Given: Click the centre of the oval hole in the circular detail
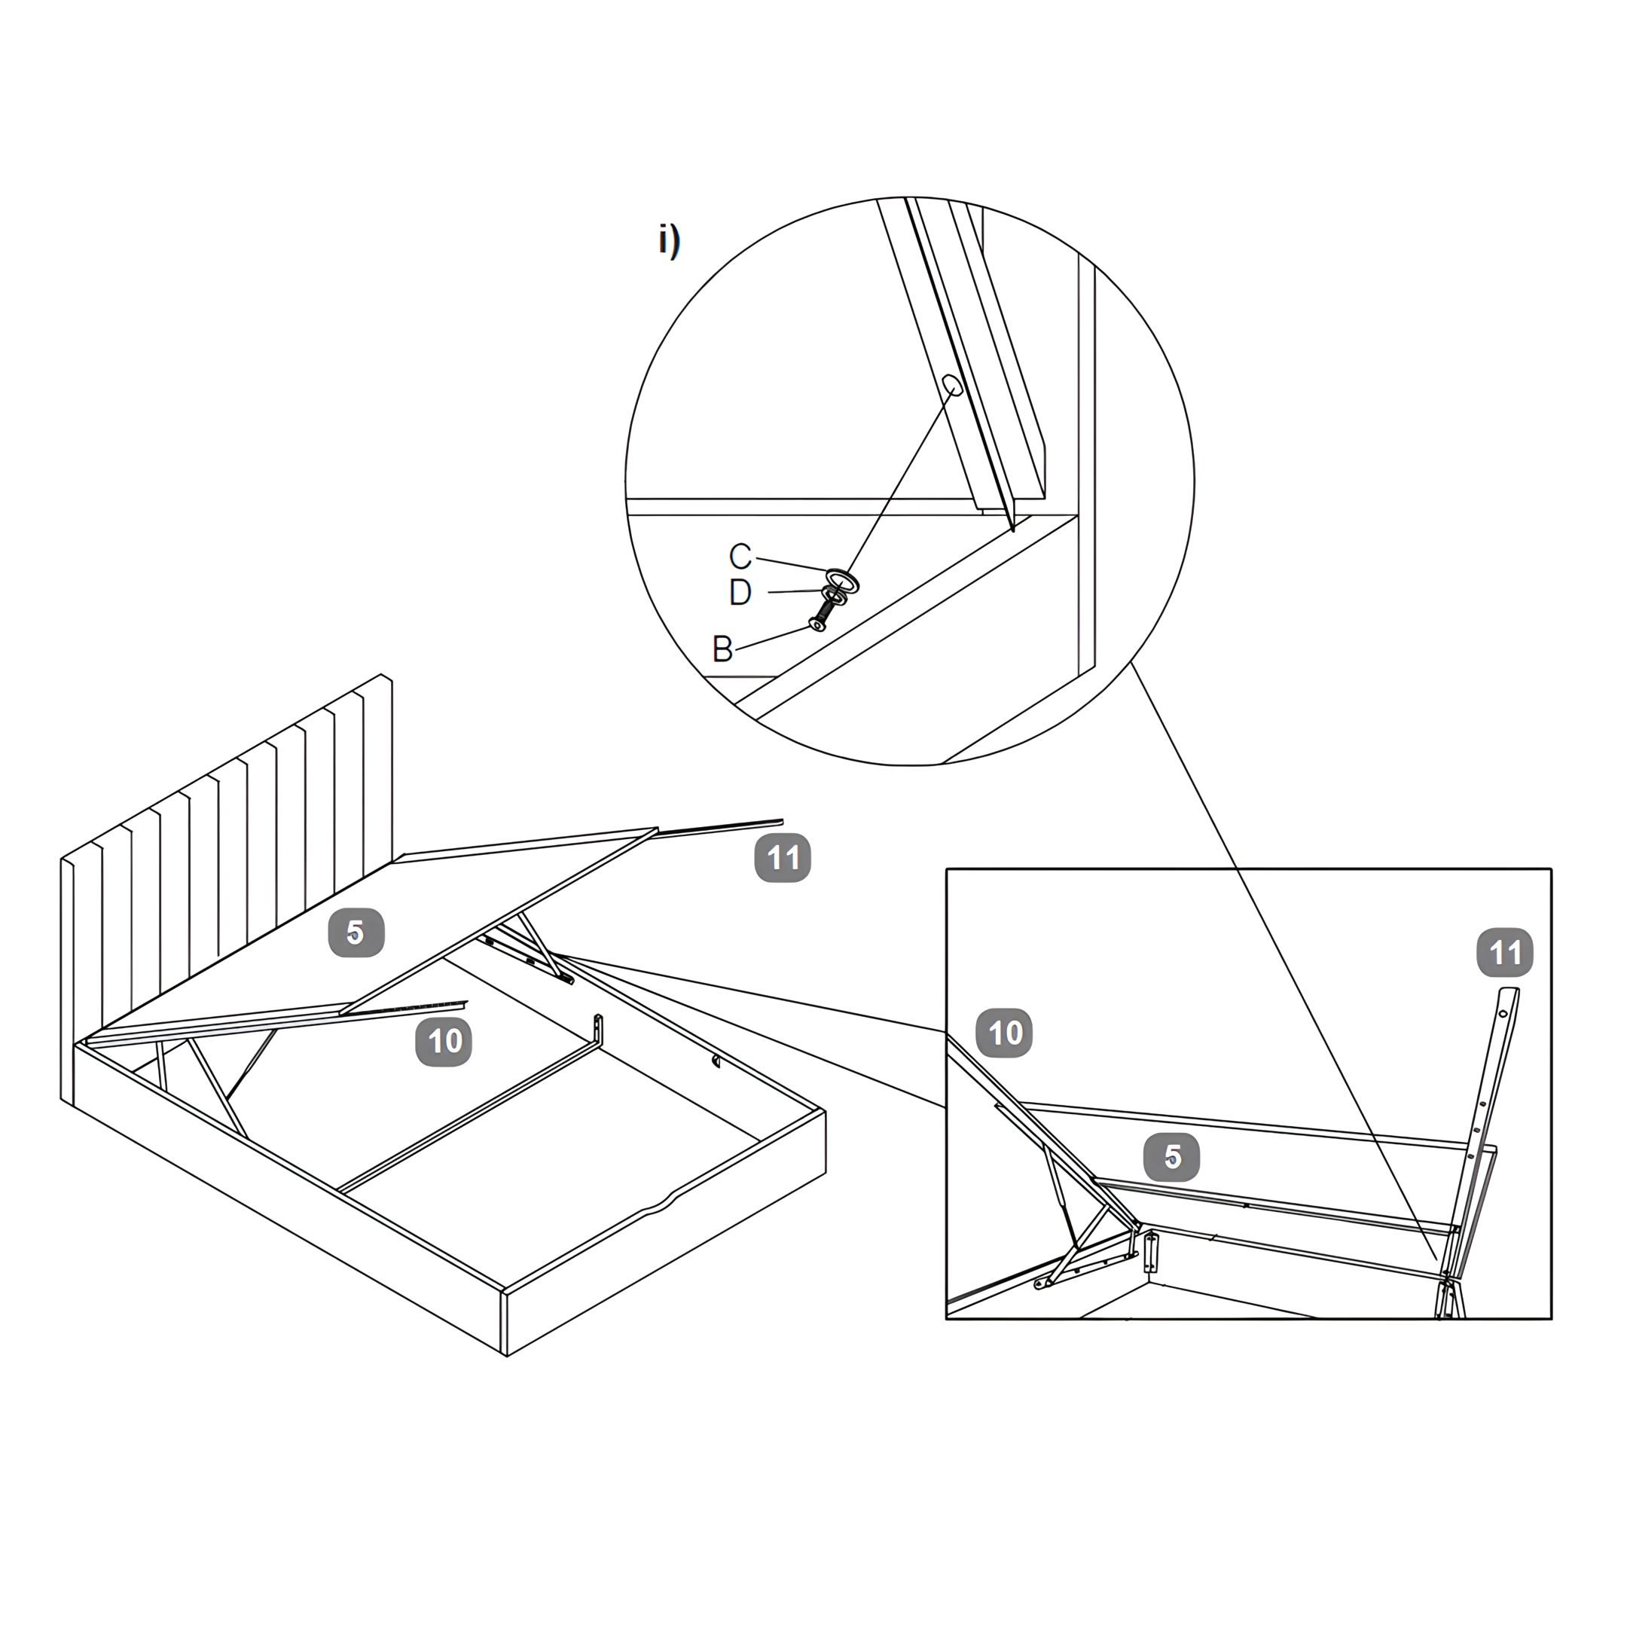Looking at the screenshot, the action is click(x=952, y=386).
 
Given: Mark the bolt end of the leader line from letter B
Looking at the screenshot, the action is click(x=811, y=627).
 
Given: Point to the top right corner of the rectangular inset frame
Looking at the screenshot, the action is click(x=1551, y=868).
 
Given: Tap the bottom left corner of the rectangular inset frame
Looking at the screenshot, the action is click(x=947, y=1319).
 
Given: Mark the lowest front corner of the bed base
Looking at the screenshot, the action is click(x=506, y=1356).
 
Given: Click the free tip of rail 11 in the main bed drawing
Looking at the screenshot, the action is click(x=783, y=821).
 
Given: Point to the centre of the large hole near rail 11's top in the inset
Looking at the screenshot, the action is click(x=1503, y=1015).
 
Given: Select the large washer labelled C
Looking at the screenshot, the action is click(x=842, y=579).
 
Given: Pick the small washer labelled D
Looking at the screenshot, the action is click(x=834, y=594).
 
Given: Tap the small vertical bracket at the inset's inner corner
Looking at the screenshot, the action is click(x=1150, y=1251).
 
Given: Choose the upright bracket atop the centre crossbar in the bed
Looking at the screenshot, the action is click(x=598, y=1029).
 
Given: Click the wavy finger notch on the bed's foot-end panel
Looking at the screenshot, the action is click(x=661, y=1205).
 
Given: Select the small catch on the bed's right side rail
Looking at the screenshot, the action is click(x=716, y=1061).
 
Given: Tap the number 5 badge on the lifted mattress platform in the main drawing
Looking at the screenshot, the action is click(x=356, y=933).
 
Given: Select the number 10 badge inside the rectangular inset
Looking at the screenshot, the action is click(x=1005, y=1033).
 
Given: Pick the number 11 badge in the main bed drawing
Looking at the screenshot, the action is click(x=783, y=857).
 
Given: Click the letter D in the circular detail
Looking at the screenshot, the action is click(x=740, y=592).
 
